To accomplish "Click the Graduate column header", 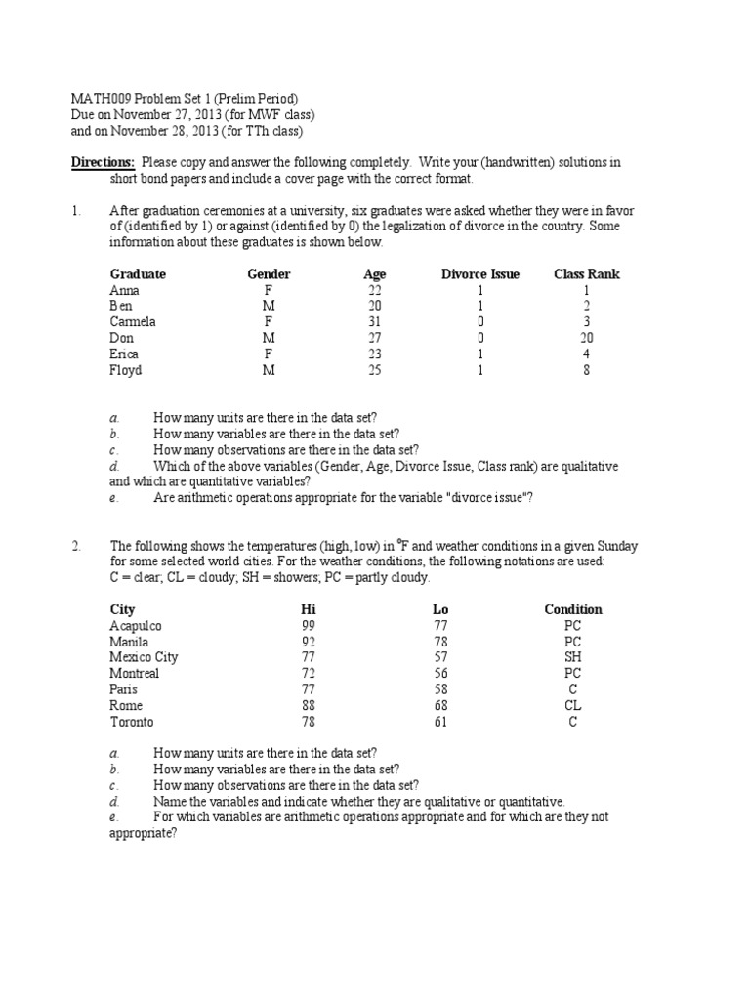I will coord(138,274).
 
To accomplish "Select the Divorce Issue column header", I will coord(480,274).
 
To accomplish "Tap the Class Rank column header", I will coord(587,274).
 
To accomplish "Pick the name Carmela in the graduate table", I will coord(133,322).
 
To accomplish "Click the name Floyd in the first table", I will coord(126,370).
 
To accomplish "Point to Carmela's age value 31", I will coord(375,322).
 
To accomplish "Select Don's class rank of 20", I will coord(587,338).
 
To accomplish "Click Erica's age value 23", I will coord(375,354).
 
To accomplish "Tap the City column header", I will coord(123,609).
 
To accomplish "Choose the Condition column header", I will coord(573,609).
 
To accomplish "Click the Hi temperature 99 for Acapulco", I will coord(310,626).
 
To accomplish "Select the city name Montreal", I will coord(135,674).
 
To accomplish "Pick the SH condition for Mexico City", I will coord(573,658).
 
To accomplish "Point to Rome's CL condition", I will coord(573,706).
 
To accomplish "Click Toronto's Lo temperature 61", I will coord(440,722).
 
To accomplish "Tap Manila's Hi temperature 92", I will coord(310,642).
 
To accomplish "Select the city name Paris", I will coord(124,689).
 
